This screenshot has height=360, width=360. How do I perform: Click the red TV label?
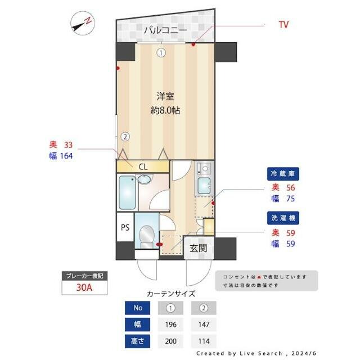283,25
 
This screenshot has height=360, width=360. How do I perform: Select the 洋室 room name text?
164,96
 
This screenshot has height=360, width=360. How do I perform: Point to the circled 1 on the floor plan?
161,53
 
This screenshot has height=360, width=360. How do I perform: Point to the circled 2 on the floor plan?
125,136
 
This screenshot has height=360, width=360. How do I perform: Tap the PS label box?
125,228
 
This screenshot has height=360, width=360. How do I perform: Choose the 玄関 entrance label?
198,248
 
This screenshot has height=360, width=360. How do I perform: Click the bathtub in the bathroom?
128,192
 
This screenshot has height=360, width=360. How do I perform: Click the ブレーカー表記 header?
84,276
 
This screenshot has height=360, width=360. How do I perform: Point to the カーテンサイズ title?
170,293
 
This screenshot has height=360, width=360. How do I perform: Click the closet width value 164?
65,156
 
